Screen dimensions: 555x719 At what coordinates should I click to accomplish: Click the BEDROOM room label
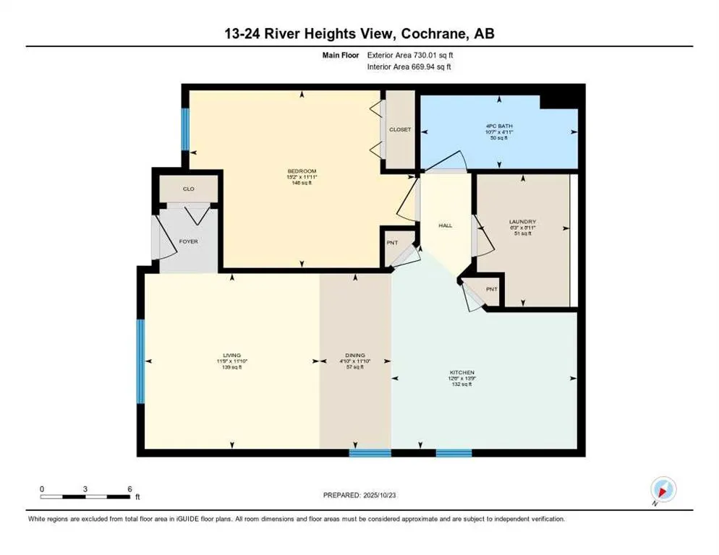coord(302,171)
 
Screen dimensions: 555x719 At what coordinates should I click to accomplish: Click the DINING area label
coord(354,355)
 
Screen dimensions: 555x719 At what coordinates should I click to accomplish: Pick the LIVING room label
coord(231,355)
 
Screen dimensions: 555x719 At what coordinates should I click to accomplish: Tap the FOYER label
coord(188,241)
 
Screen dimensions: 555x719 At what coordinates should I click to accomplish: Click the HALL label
coord(445,226)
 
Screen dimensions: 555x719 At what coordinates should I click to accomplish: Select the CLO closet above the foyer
coord(188,189)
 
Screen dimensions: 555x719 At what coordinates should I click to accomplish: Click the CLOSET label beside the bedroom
coord(399,129)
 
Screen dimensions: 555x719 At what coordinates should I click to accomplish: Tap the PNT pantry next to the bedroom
coord(391,242)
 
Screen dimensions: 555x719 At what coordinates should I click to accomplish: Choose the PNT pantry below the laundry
coord(491,289)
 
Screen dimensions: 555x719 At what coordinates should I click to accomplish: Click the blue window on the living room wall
coord(141,361)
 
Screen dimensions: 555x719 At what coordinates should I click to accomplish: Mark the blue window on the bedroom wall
coord(185,128)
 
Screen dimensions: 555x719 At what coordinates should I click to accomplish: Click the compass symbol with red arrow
coord(663,489)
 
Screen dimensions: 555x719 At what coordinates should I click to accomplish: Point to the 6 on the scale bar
coord(129,489)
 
